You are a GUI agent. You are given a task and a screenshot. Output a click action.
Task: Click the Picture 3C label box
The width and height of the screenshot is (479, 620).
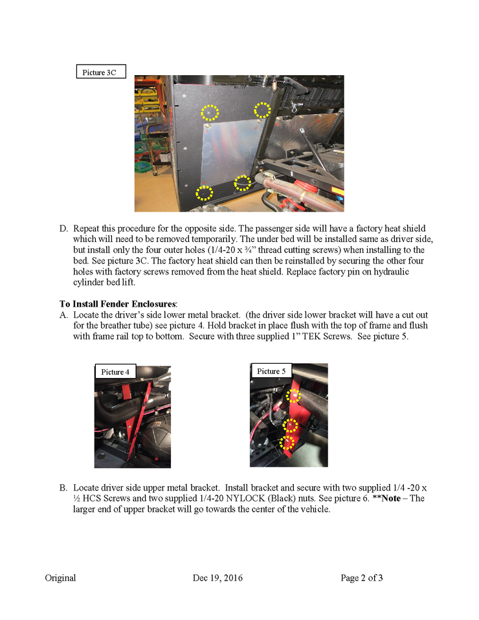pos(100,72)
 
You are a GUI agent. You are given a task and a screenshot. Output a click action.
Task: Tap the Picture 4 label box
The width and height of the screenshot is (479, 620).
pos(115,372)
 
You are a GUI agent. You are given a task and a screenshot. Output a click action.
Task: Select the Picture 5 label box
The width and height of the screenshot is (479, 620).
pos(271,371)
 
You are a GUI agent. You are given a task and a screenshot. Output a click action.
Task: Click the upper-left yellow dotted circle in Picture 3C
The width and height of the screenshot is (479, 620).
pos(209,113)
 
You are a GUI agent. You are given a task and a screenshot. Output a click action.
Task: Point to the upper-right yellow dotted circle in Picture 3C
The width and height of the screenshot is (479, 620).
pos(262,110)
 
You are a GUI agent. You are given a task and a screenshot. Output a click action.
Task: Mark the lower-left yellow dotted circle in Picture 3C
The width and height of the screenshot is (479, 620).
pos(204,192)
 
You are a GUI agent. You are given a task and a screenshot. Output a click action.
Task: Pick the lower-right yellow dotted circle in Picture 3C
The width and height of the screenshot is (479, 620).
pos(241,183)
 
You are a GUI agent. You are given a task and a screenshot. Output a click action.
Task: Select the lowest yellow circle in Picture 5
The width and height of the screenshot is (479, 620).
pos(287,442)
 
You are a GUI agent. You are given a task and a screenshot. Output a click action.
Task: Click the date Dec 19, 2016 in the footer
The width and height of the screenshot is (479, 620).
pos(218,578)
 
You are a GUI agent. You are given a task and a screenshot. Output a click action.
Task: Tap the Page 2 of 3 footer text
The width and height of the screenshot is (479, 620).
pos(361,578)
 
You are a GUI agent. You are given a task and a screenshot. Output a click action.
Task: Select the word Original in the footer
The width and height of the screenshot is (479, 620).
pos(60,578)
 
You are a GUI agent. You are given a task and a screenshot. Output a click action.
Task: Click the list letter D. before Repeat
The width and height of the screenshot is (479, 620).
pos(63,229)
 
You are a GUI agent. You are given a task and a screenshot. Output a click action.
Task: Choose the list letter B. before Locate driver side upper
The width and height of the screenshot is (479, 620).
pos(63,487)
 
